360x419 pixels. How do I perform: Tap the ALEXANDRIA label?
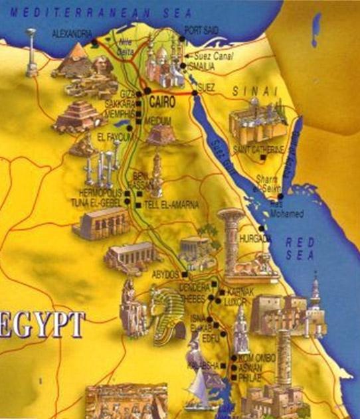click(69, 33)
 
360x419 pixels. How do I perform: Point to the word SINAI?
click(249, 90)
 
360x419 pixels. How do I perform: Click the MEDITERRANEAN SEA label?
click(96, 11)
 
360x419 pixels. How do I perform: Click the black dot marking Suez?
click(195, 94)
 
